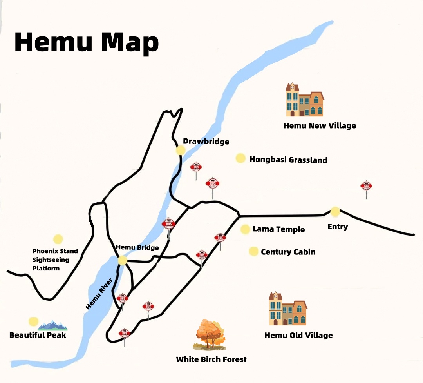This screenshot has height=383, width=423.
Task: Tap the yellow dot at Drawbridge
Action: [x=181, y=150]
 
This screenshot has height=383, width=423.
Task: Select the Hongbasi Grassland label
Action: [x=288, y=160]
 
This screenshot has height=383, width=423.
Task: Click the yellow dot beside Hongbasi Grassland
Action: [x=240, y=158]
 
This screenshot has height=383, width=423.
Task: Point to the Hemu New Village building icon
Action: [x=305, y=100]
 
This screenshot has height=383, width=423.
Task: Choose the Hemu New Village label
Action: [x=320, y=126]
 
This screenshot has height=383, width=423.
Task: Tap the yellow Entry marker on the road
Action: [x=335, y=212]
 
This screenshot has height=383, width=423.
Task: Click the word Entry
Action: [x=338, y=227]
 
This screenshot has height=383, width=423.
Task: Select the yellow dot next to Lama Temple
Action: [x=245, y=229]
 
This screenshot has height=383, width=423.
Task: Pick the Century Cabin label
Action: [x=288, y=252]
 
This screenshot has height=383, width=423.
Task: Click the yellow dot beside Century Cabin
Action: [x=253, y=251]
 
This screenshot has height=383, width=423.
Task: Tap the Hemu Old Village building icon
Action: [x=288, y=309]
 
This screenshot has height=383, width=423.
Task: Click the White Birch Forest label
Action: [x=211, y=359]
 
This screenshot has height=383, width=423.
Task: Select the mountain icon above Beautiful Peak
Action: [x=53, y=325]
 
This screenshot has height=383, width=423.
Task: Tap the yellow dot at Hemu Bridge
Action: [x=123, y=260]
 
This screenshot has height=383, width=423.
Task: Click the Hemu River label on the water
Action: [x=99, y=294]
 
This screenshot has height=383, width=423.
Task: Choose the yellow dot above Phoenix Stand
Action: [x=58, y=239]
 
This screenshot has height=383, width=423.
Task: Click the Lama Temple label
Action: [x=278, y=229]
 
